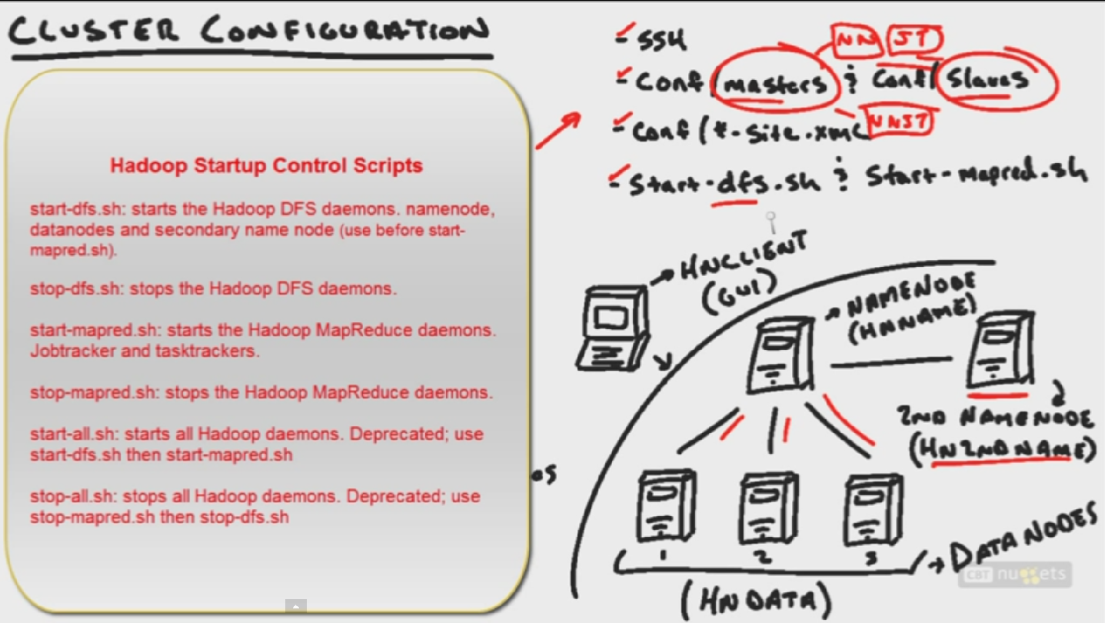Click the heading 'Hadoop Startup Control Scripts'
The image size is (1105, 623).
pyautogui.click(x=266, y=165)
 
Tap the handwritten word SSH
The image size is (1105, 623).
pyautogui.click(x=662, y=41)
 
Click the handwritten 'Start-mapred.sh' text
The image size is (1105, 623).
pyautogui.click(x=976, y=176)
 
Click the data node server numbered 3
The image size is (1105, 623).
pyautogui.click(x=873, y=508)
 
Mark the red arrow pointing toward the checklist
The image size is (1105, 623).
pyautogui.click(x=557, y=132)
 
